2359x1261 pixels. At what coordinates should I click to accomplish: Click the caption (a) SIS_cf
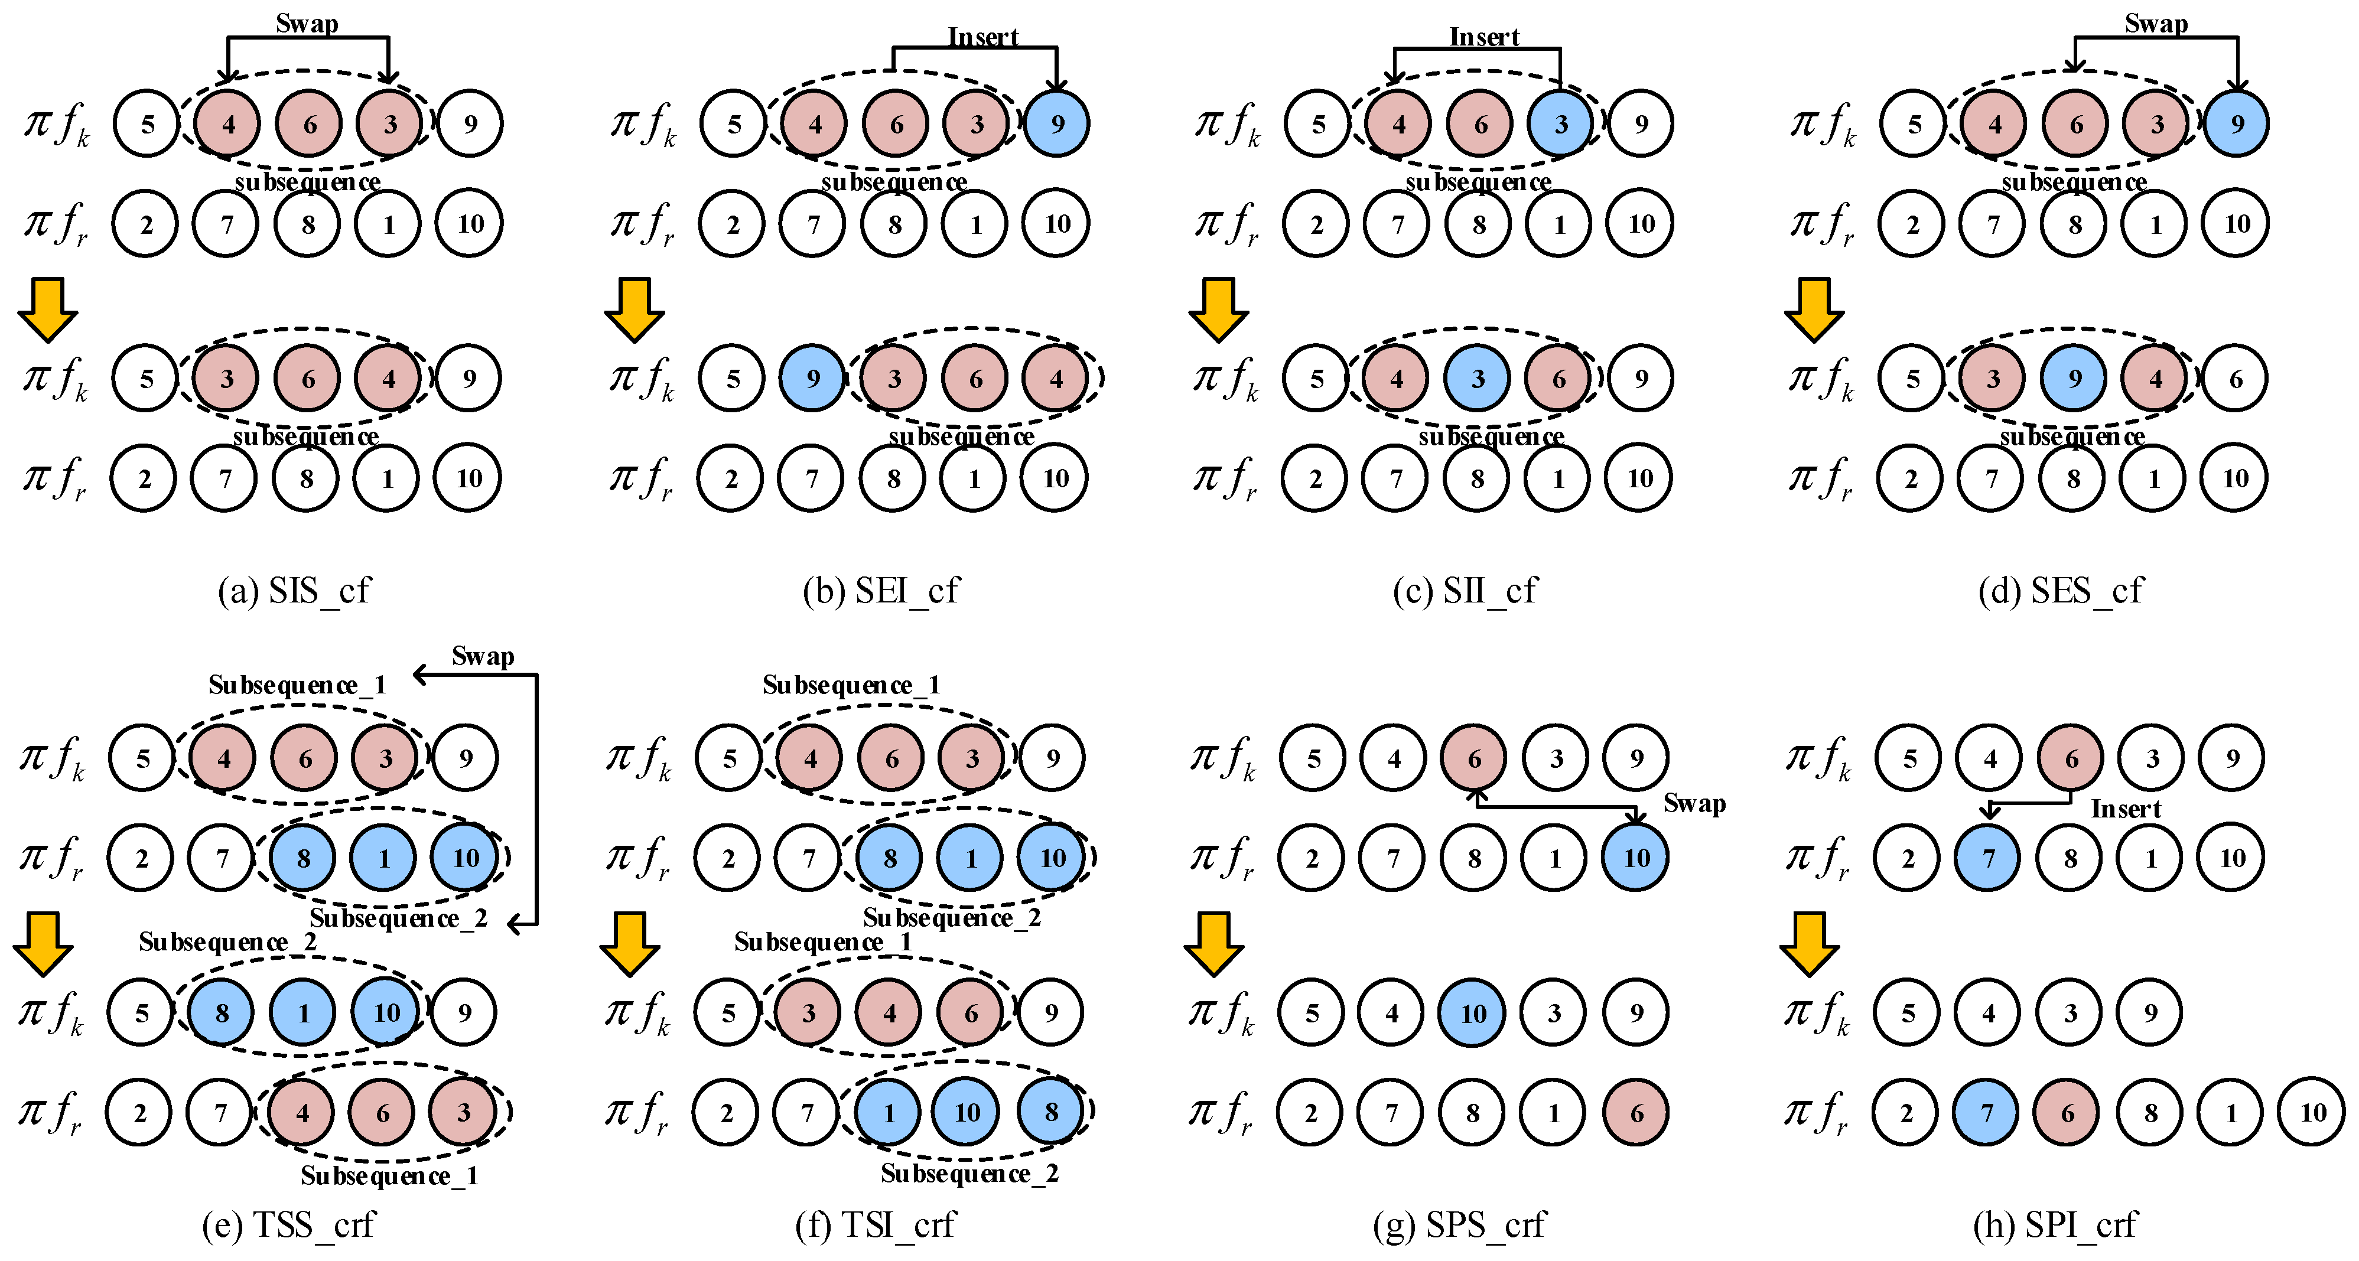pos(294,591)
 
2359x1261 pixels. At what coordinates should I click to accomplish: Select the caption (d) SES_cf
pos(2061,591)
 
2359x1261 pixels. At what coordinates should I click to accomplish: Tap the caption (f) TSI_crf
pos(876,1224)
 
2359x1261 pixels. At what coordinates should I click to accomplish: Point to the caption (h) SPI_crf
pos(2055,1224)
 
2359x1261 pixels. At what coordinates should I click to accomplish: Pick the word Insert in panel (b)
pos(982,37)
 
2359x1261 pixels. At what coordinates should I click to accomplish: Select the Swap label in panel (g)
pos(1694,803)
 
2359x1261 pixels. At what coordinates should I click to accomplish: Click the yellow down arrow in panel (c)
pos(1218,309)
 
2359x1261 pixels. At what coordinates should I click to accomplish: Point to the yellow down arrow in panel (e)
pos(43,943)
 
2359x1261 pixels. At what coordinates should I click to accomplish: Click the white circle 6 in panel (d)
pos(2236,378)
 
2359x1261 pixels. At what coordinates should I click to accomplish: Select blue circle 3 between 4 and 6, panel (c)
pos(1477,378)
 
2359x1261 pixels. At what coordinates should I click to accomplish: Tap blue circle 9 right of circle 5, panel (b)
pos(812,378)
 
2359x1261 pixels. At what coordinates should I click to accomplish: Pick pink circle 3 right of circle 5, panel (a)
pos(226,378)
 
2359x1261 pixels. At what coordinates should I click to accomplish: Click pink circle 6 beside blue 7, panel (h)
pos(2067,1113)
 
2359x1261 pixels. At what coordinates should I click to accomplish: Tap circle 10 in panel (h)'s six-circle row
pos(2312,1113)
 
